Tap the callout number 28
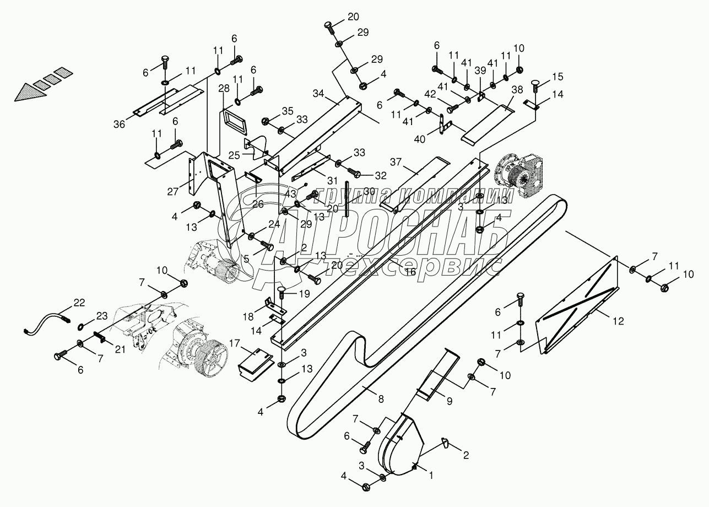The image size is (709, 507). click(x=224, y=89)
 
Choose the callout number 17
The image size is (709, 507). click(x=234, y=343)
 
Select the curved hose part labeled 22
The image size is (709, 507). click(x=47, y=322)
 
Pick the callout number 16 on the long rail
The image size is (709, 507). click(x=410, y=271)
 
